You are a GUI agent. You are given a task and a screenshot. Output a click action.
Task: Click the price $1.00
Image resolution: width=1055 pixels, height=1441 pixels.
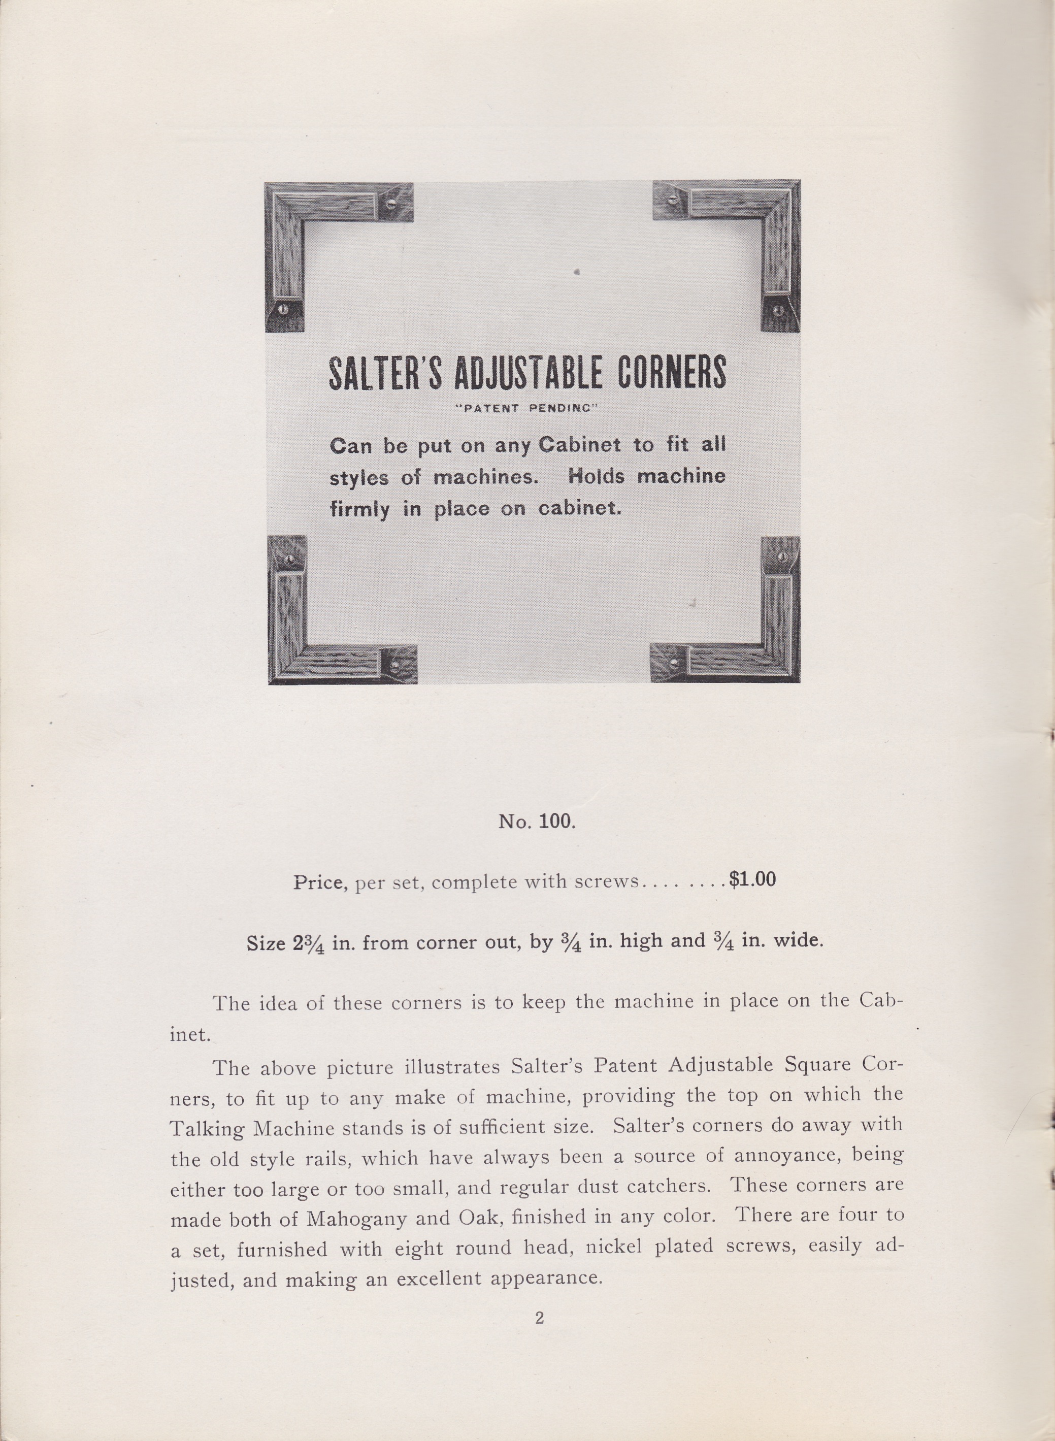tap(753, 880)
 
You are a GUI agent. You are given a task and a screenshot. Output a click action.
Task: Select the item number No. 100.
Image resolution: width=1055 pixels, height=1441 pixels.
tap(537, 822)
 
